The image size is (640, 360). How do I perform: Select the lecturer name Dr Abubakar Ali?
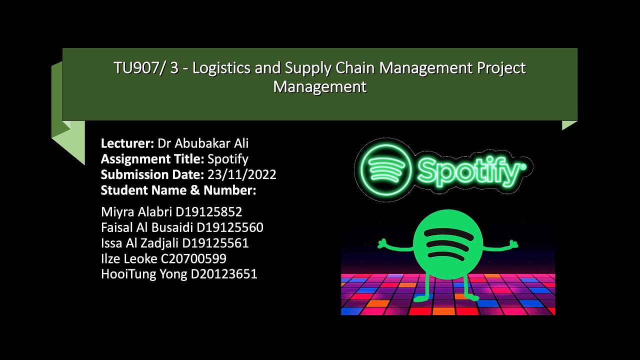[203, 143]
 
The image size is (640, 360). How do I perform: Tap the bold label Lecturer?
[127, 143]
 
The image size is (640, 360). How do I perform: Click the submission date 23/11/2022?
[241, 174]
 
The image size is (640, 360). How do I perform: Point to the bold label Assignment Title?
[152, 159]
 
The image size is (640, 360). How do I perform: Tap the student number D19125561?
[215, 243]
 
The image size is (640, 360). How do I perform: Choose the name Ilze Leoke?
[129, 258]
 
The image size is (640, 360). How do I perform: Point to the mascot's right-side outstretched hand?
[513, 244]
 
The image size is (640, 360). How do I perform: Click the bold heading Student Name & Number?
[178, 190]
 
